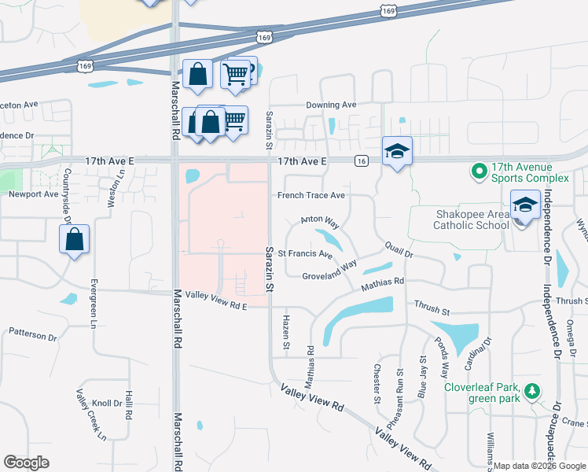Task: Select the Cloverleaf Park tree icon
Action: click(533, 391)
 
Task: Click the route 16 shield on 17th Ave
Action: click(361, 161)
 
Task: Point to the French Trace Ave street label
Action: click(311, 195)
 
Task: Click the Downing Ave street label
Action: click(331, 105)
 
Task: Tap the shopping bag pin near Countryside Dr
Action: click(73, 240)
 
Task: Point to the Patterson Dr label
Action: click(33, 334)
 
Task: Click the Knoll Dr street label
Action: click(107, 404)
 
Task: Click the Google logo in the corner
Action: click(26, 463)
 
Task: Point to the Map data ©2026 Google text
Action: click(539, 466)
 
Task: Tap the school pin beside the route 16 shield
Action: click(397, 150)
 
